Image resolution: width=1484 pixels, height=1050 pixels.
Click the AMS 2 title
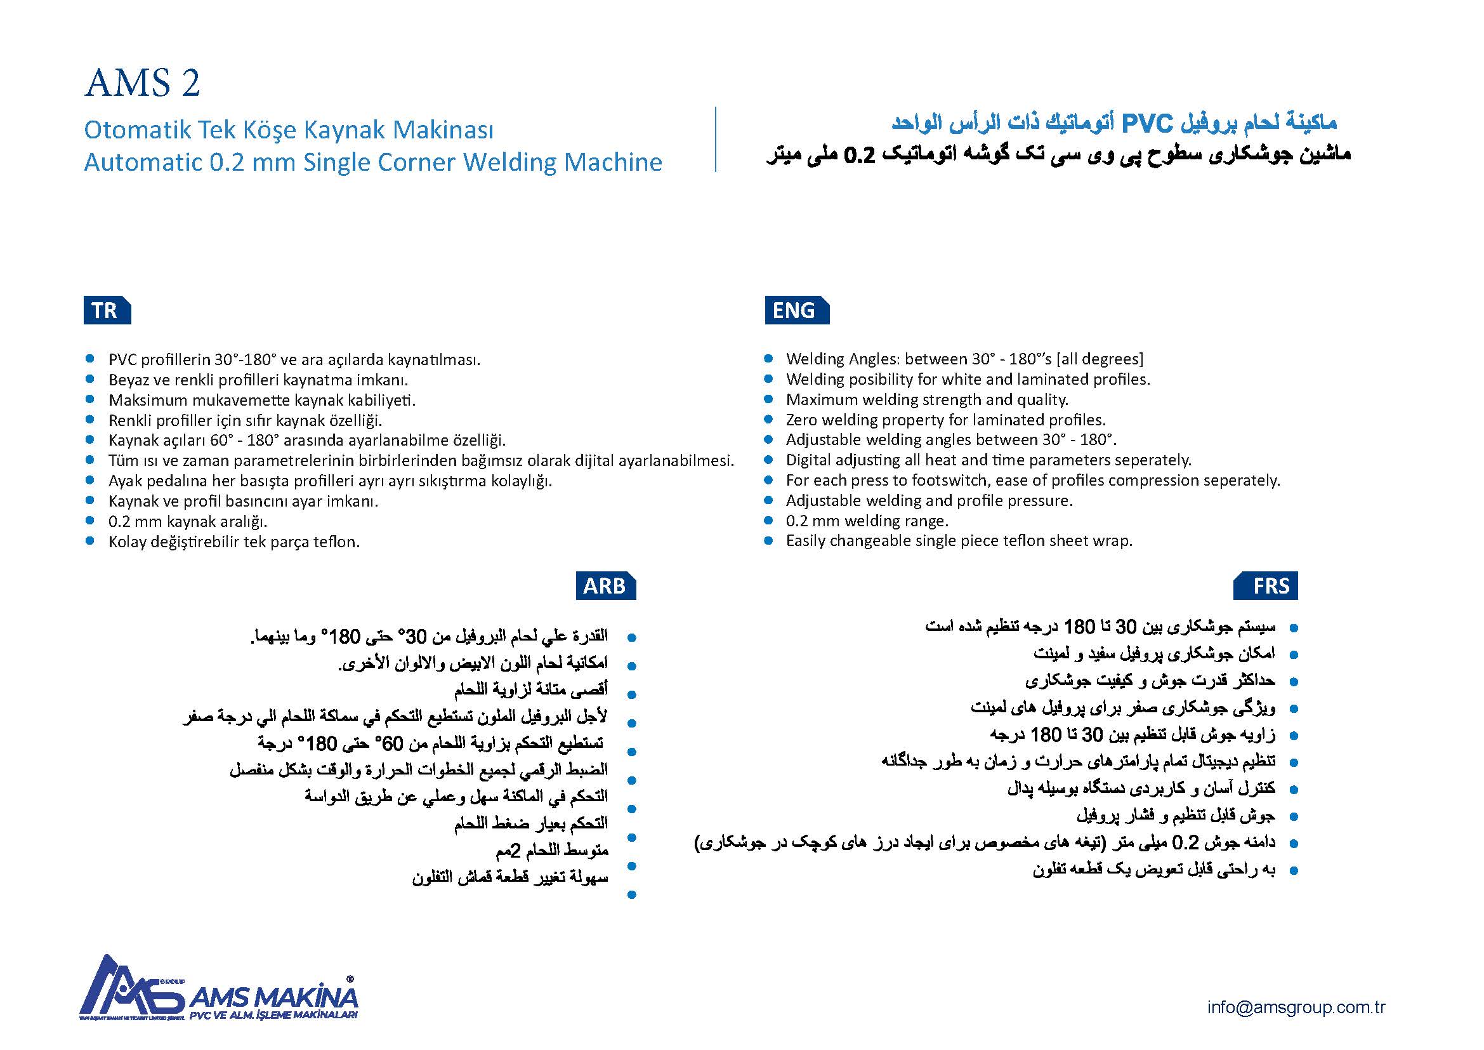coord(142,83)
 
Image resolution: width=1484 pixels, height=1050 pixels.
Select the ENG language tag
coord(796,310)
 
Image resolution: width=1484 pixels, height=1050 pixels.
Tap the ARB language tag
coord(605,586)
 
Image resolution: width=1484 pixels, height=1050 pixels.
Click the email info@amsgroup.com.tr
coord(1296,1007)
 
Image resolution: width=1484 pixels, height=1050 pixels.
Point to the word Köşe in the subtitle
coord(272,130)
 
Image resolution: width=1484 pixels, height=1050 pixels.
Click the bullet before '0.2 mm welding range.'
coord(768,521)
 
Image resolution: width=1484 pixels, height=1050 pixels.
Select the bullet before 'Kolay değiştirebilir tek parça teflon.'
coord(90,541)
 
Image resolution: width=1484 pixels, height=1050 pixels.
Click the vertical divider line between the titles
coord(716,139)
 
